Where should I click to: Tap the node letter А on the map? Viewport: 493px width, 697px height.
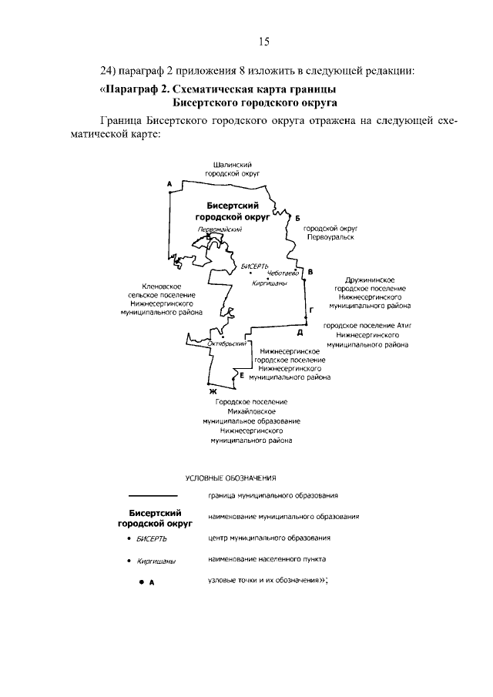168,183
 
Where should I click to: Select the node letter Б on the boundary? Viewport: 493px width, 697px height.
297,218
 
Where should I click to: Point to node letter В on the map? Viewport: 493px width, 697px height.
310,272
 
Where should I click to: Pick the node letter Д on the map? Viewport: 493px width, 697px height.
299,333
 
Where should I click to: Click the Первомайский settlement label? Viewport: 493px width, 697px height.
220,229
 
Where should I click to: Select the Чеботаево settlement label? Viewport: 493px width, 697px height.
283,273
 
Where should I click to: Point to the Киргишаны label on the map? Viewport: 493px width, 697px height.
270,283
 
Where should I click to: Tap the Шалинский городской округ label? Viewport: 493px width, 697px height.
233,169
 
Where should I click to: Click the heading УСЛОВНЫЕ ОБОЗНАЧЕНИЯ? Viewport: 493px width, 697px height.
230,478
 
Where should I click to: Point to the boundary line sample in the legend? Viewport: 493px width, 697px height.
153,495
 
